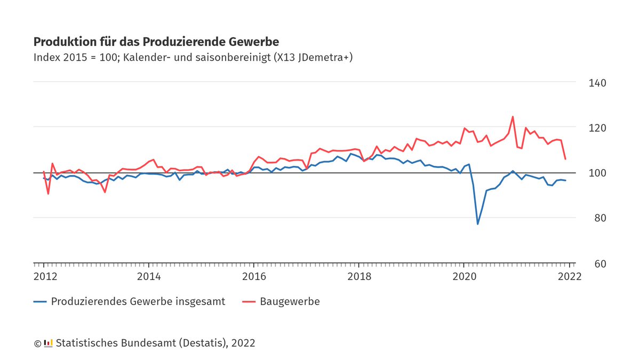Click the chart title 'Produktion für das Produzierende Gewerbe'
pos(156,42)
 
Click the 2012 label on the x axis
pos(45,277)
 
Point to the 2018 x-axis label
pos(359,277)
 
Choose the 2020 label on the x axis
pos(464,277)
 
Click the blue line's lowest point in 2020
pos(477,224)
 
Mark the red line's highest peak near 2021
pos(513,116)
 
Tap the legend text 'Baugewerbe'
pos(290,302)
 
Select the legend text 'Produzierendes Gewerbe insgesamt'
pos(138,302)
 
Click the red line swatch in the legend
pos(249,302)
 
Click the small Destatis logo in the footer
pos(48,343)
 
